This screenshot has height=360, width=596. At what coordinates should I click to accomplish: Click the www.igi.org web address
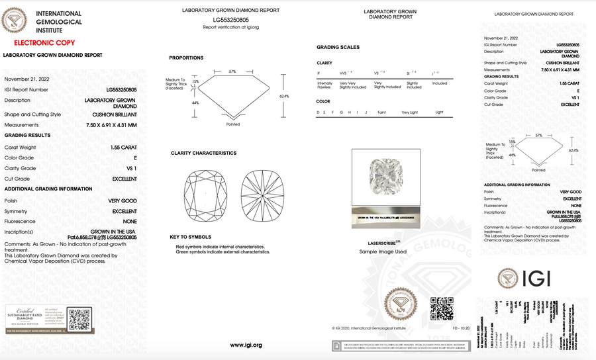pos(246,345)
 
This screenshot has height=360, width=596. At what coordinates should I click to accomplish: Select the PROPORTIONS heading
pos(186,58)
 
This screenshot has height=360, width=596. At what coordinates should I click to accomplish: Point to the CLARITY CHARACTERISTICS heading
pos(203,153)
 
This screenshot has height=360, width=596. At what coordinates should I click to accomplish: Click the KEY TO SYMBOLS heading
pos(190,236)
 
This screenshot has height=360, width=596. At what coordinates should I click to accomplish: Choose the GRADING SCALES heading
pos(338,48)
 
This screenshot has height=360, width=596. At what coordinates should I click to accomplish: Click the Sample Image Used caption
pos(383,251)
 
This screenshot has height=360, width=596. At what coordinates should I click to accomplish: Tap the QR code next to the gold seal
pos(442,308)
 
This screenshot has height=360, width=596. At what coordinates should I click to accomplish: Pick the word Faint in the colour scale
pos(381,112)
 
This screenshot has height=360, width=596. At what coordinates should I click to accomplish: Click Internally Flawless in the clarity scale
pos(325,86)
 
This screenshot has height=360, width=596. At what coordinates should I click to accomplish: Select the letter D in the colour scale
pos(319,112)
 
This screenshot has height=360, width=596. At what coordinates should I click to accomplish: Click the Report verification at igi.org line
pos(230,27)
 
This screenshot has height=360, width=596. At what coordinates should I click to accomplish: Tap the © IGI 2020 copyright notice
pos(367,327)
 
